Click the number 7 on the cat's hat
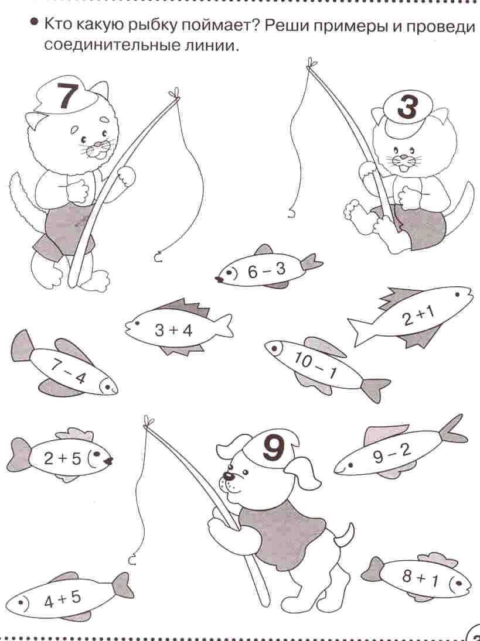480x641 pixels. point(67,96)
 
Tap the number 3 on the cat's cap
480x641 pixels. point(407,107)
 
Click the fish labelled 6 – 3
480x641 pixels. point(268,268)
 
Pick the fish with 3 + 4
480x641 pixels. point(178,327)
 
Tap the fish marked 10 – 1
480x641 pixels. point(326,366)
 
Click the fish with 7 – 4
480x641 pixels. point(64,364)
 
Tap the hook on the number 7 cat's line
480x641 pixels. point(157,258)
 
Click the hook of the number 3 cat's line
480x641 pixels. point(291,214)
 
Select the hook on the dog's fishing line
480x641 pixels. point(132,560)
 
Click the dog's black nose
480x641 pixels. point(227,477)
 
